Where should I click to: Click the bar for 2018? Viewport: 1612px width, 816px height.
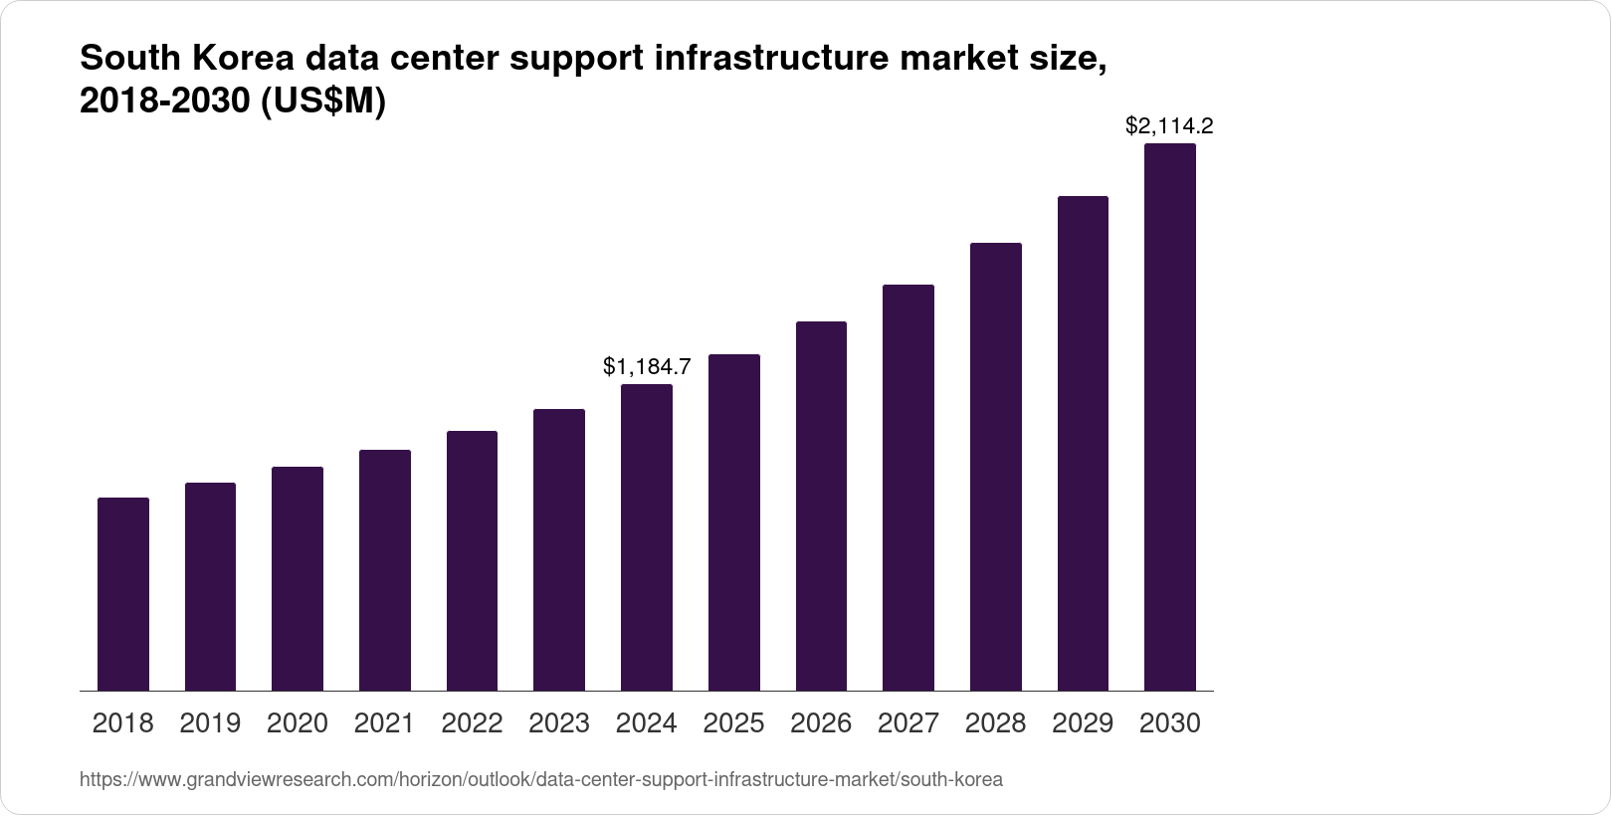tap(123, 594)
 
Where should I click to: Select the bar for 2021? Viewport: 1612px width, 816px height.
tap(385, 570)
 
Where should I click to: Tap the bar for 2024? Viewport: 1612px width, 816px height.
tap(647, 537)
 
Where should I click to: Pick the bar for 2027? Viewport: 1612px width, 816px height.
tap(908, 488)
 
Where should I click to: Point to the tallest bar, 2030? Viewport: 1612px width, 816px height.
tap(1170, 417)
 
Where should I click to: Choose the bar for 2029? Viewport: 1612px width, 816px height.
tap(1083, 443)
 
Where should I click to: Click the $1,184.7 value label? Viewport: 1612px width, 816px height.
tap(647, 367)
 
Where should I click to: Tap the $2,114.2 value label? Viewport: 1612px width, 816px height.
tap(1169, 126)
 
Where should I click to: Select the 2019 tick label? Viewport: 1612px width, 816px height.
tap(210, 723)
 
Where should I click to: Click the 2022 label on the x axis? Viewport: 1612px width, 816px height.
tap(472, 723)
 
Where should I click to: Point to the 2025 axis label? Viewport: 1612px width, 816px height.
tap(733, 723)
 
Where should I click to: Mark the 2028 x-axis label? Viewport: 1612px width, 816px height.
tap(996, 723)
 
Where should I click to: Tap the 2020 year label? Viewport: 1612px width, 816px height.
tap(298, 723)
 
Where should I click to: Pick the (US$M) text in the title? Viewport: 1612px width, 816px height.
tap(322, 102)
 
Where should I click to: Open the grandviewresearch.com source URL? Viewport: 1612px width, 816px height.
tap(540, 780)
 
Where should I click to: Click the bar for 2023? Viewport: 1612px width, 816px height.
tap(559, 549)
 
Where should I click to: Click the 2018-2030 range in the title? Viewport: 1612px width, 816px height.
tap(165, 102)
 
